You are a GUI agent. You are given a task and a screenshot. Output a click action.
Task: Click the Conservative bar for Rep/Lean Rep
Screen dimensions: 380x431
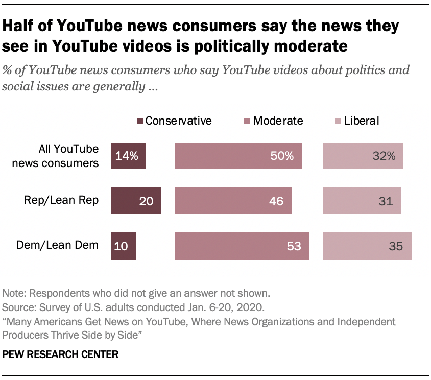[x=137, y=201]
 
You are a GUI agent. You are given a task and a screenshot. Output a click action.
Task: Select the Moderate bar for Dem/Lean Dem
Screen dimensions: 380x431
[x=242, y=247]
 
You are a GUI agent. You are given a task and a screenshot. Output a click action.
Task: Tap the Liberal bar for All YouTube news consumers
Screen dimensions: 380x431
[x=363, y=156]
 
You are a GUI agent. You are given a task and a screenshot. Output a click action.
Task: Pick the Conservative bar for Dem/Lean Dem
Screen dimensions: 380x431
[x=124, y=247]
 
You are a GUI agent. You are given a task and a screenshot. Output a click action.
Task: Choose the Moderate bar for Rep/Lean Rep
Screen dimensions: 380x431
[x=233, y=201]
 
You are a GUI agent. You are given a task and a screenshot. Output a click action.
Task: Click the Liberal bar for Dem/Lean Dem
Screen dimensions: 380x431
[x=367, y=247]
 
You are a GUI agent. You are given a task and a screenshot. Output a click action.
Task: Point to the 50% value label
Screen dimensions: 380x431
[x=282, y=156]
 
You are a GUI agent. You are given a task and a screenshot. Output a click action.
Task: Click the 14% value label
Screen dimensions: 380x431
[x=127, y=156]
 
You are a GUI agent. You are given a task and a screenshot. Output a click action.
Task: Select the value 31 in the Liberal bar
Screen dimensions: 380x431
[x=386, y=201]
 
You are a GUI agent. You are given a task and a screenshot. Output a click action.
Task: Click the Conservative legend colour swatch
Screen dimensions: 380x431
[x=139, y=121]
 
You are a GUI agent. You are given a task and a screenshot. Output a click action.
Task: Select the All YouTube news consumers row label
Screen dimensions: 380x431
[x=68, y=156]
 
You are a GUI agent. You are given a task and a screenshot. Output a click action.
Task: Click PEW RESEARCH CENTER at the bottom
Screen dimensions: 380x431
[x=61, y=354]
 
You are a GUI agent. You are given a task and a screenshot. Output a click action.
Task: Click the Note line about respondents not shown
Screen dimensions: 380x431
[x=135, y=294]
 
